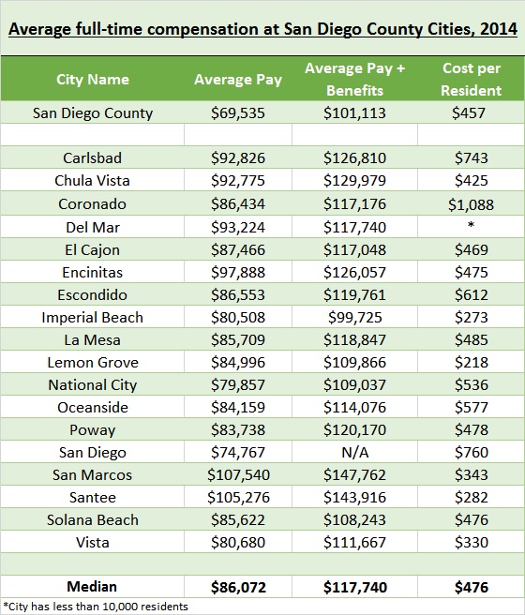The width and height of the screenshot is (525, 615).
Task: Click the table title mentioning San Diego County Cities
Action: click(x=262, y=29)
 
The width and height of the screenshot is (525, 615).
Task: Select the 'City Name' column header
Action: click(x=93, y=80)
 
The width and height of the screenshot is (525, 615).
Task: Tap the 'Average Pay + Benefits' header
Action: click(x=354, y=80)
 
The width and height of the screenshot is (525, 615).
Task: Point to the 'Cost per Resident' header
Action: click(x=471, y=80)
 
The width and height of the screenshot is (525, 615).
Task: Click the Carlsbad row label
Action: click(x=93, y=158)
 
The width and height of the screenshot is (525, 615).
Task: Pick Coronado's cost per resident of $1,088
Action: click(x=471, y=204)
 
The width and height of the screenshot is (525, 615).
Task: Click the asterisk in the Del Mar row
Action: click(x=471, y=225)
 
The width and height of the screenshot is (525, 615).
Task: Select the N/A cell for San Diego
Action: click(x=354, y=453)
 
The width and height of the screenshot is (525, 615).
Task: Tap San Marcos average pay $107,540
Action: click(x=238, y=475)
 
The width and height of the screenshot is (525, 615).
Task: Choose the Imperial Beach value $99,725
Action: click(x=354, y=317)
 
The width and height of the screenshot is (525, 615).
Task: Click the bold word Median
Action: click(x=92, y=587)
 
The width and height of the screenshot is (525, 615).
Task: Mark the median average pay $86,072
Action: click(x=238, y=587)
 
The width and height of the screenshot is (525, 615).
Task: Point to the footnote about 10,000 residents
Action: click(x=96, y=607)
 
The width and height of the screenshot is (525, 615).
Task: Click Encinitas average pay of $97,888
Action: click(x=238, y=273)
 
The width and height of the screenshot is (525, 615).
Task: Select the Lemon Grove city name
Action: click(x=93, y=363)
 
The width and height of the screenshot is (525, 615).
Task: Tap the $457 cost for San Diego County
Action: click(x=469, y=113)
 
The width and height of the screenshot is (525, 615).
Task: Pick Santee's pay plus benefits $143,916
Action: click(x=354, y=497)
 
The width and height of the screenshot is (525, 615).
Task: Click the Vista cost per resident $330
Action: click(x=471, y=543)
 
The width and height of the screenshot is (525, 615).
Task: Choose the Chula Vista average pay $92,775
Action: click(x=238, y=181)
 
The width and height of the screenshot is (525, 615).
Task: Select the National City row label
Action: click(x=93, y=385)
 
